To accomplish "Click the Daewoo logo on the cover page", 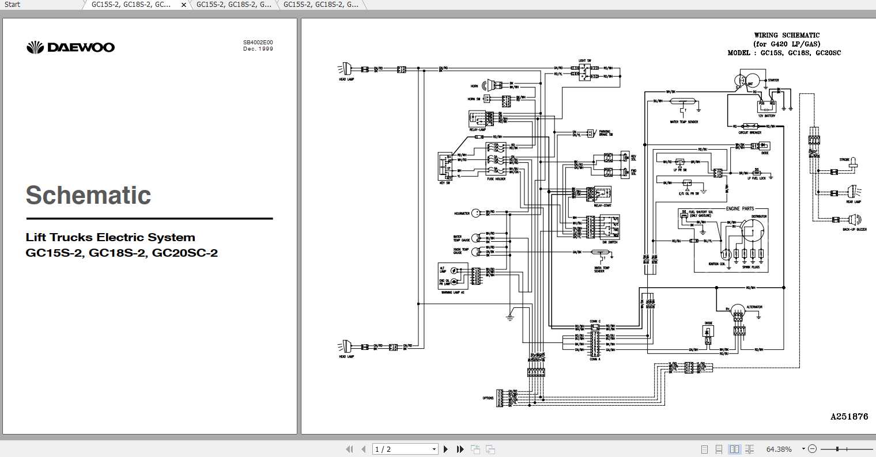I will click(70, 47).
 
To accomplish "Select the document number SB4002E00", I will click(258, 43).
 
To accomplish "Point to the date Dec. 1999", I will click(258, 49).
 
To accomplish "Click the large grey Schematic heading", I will click(88, 196).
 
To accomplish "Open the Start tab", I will click(12, 5).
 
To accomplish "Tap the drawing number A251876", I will click(848, 416).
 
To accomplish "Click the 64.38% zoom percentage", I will click(779, 449).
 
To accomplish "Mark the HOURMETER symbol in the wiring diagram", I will click(476, 213).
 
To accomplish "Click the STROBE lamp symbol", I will click(852, 165).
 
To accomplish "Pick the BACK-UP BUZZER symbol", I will click(853, 219).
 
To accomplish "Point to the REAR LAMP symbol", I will click(852, 192).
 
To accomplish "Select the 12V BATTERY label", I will click(766, 116).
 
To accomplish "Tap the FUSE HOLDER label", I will click(496, 179).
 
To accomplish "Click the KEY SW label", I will click(444, 182).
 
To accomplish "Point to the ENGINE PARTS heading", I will click(740, 208).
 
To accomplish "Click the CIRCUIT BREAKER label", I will click(750, 132).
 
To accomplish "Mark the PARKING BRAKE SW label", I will click(605, 134).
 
